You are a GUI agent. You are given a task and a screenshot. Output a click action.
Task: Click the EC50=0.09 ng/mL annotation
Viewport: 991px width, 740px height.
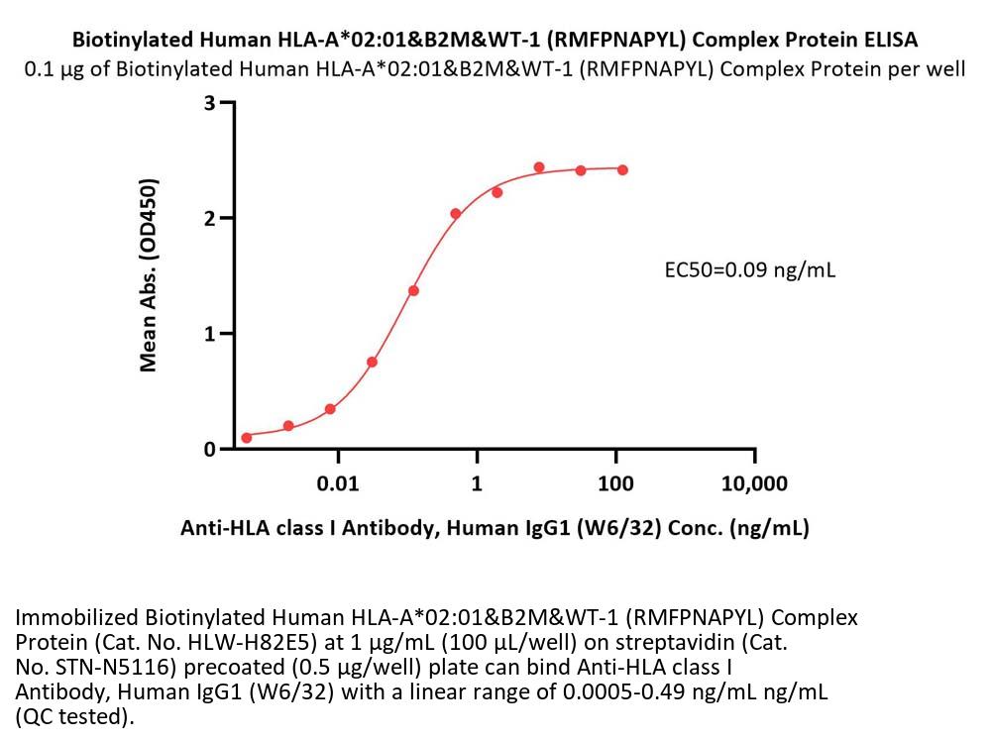pos(749,270)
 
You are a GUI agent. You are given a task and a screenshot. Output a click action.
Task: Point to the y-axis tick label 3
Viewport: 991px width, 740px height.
pos(210,102)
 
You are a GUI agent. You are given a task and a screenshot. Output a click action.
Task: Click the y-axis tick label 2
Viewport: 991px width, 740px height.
pos(210,218)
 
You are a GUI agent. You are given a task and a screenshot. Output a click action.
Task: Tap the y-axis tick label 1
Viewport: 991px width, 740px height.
pos(210,334)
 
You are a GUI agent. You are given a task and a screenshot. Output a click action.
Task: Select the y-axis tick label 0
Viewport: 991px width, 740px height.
pos(210,450)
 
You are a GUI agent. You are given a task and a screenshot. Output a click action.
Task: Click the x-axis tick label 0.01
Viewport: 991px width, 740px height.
pos(338,484)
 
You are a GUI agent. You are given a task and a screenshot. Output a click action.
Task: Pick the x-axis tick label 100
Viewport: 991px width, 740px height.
pos(615,484)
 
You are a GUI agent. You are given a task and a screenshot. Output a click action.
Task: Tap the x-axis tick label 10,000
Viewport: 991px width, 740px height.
pos(754,484)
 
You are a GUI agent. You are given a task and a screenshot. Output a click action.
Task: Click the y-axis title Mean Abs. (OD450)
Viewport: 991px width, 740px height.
pos(148,274)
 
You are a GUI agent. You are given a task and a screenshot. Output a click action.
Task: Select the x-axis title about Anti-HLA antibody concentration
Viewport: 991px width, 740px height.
pos(495,528)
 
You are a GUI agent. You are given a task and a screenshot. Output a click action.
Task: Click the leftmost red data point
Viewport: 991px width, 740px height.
pos(247,437)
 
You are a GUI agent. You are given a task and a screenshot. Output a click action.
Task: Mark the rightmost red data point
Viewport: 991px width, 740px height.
pos(622,170)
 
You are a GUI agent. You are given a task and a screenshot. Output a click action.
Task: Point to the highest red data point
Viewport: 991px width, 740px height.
pos(539,167)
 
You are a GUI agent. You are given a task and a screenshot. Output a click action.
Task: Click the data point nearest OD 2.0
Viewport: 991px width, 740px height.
pos(456,214)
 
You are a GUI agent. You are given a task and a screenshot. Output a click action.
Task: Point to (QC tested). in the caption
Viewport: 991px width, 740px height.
pos(74,717)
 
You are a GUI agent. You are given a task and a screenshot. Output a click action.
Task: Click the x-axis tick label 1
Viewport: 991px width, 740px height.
pos(477,484)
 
